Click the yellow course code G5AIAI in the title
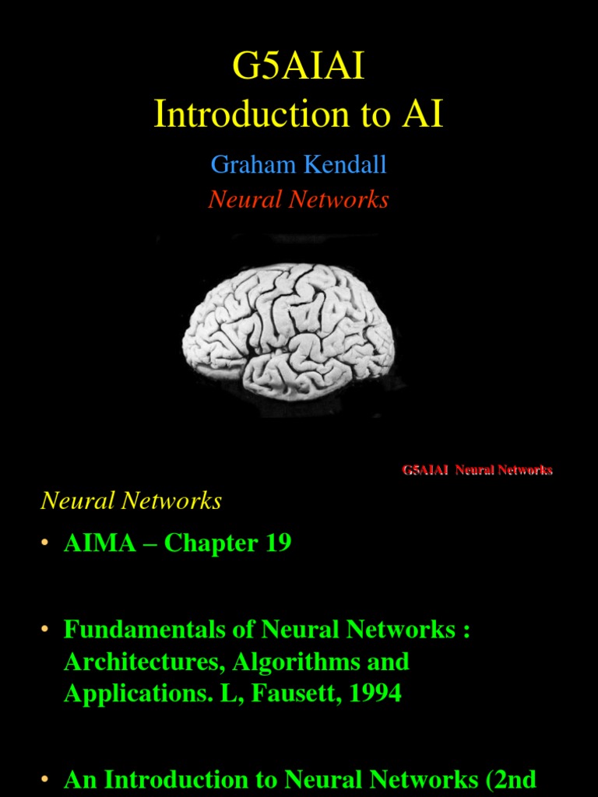(298, 68)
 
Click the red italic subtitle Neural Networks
(298, 200)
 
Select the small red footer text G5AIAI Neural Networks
(477, 470)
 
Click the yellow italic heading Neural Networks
(131, 500)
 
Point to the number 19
(278, 542)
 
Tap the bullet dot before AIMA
(44, 543)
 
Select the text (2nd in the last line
(511, 779)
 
